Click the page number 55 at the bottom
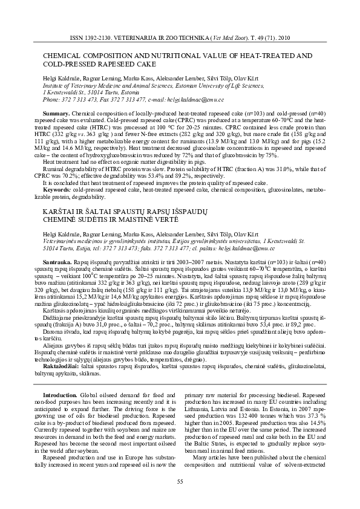click(180, 481)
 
